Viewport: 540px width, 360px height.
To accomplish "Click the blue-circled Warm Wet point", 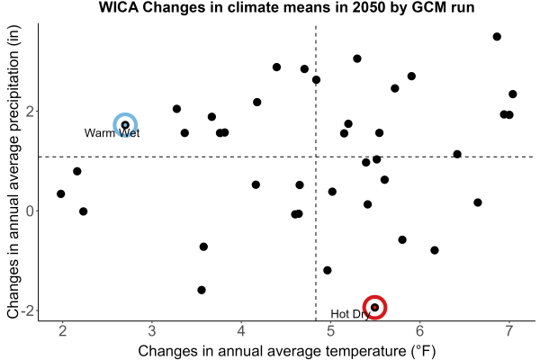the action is pyautogui.click(x=125, y=125).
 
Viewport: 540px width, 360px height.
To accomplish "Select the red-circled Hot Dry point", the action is pyautogui.click(x=375, y=307).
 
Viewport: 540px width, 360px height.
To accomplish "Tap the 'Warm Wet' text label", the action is pyautogui.click(x=112, y=133).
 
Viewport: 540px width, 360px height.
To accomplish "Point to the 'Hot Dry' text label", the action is pyautogui.click(x=350, y=314).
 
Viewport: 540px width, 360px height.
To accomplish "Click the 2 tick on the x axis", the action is pyautogui.click(x=62, y=331).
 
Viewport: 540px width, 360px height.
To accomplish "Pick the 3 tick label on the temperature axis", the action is pyautogui.click(x=152, y=331).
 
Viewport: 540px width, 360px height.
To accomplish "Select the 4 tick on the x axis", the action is pyautogui.click(x=241, y=331).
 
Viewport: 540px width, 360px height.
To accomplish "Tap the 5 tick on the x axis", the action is pyautogui.click(x=330, y=331).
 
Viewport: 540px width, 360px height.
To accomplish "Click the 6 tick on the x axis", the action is pyautogui.click(x=419, y=331).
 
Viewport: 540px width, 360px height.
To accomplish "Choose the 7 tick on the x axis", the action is pyautogui.click(x=509, y=331).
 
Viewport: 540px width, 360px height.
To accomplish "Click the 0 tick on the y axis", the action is pyautogui.click(x=30, y=211).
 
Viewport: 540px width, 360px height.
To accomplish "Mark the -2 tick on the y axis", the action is pyautogui.click(x=27, y=310).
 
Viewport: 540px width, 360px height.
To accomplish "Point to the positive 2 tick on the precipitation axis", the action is pyautogui.click(x=30, y=112).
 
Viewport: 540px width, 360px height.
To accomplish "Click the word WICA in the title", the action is pyautogui.click(x=119, y=7).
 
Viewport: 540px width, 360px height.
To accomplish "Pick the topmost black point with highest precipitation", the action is pyautogui.click(x=497, y=37).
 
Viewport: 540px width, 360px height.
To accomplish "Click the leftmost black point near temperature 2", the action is pyautogui.click(x=61, y=194).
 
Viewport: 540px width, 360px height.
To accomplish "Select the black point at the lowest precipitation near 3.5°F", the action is pyautogui.click(x=202, y=290).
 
